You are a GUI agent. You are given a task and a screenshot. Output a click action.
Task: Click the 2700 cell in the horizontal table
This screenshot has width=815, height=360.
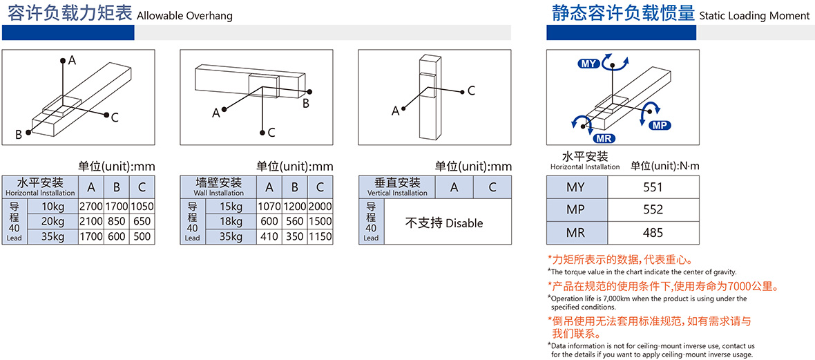[x=91, y=206]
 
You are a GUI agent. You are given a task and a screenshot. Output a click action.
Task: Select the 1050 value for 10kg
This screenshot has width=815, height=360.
[x=142, y=206]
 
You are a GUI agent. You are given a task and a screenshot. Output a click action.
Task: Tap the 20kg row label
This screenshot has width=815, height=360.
[x=54, y=221]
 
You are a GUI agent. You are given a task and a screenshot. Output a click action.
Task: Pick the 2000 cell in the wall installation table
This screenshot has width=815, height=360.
[x=320, y=206]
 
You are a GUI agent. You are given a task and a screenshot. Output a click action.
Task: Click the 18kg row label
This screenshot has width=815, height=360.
[x=231, y=221]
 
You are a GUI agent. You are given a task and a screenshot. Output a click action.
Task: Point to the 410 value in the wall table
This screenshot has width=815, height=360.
[x=269, y=237]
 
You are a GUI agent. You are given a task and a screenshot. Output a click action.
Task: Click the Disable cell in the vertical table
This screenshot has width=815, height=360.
[x=444, y=223]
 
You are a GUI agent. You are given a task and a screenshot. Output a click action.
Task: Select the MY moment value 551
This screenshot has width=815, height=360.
[x=652, y=187]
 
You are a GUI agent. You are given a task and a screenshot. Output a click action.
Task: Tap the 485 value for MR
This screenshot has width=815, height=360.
[x=652, y=232]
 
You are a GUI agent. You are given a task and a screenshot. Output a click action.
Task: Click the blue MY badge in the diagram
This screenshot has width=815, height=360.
[x=588, y=64]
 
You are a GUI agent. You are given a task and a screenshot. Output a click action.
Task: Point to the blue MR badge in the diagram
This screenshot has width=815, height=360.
[x=604, y=138]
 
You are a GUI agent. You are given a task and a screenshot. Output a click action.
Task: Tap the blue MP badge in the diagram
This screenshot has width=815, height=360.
[x=660, y=125]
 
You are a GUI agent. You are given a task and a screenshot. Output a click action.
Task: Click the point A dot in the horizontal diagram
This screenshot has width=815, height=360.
[x=63, y=60]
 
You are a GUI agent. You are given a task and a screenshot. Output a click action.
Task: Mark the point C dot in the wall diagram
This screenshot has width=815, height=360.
[x=263, y=131]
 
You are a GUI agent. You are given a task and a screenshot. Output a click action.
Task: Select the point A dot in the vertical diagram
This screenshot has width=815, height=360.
[x=404, y=108]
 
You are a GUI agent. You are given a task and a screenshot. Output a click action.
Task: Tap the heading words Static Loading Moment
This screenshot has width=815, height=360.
[x=755, y=16]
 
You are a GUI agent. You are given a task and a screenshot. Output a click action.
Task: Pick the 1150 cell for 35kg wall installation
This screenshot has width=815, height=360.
[x=320, y=237]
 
